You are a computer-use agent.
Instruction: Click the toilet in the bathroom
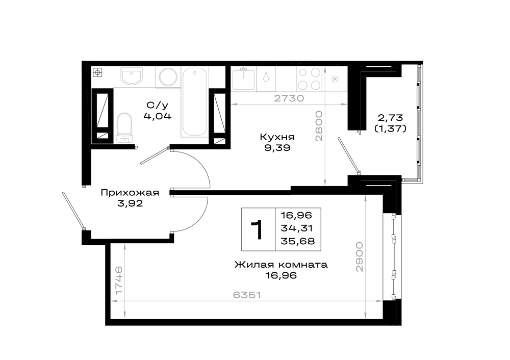point(124,128)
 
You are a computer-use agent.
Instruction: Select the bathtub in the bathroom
point(195,102)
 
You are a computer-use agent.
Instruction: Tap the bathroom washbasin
point(132,76)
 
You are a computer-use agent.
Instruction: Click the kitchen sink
point(243,79)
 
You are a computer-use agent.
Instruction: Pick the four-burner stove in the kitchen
point(310,79)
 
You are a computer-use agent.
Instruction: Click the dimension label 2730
point(289,98)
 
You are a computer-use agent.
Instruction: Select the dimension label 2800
point(319,126)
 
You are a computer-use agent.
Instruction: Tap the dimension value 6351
point(247,295)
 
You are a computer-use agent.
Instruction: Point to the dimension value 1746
point(119,280)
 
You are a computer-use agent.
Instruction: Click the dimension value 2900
point(359,256)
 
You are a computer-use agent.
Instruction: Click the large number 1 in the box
point(258,230)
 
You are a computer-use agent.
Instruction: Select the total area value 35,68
point(298,241)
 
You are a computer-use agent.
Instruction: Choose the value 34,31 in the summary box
point(297,228)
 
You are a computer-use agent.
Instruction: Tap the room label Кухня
point(277,137)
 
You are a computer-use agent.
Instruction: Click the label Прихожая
point(130,193)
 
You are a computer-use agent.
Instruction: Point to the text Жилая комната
point(281,264)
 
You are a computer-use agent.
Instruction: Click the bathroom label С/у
point(158,105)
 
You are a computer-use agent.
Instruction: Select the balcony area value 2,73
point(390,117)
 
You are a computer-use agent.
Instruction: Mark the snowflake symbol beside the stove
point(335,79)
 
